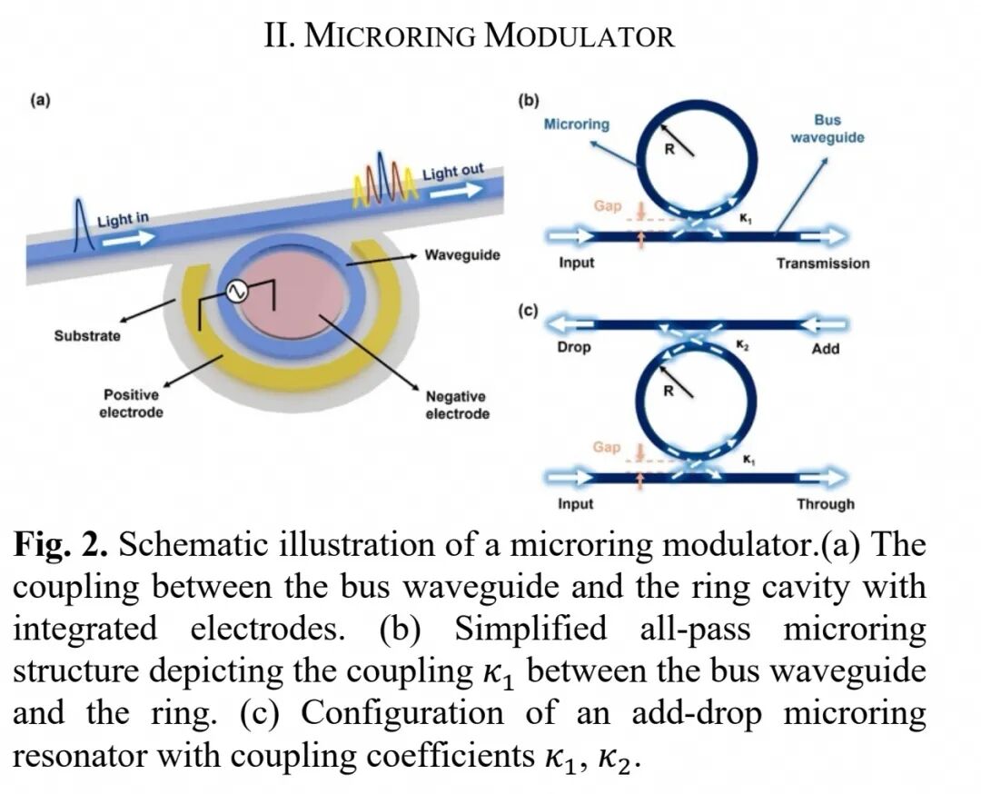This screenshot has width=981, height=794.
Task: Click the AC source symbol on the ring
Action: click(236, 291)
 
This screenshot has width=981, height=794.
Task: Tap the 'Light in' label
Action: click(124, 219)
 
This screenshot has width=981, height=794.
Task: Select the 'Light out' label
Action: click(453, 171)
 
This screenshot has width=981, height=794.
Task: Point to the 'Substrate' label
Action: click(87, 336)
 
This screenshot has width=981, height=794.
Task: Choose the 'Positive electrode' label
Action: click(132, 403)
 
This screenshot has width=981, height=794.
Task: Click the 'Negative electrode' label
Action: click(457, 405)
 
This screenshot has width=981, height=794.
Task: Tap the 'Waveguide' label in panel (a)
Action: click(462, 254)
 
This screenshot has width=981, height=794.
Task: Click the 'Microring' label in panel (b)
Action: click(576, 124)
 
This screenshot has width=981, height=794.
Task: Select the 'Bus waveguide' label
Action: click(827, 128)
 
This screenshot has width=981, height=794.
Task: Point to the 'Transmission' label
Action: click(823, 263)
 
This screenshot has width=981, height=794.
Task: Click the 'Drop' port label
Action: click(574, 347)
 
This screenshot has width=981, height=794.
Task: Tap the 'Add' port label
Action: click(825, 349)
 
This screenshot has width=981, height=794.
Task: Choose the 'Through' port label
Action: click(825, 503)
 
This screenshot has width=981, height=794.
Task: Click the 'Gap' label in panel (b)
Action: click(608, 206)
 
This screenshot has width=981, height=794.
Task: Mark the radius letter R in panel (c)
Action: click(669, 391)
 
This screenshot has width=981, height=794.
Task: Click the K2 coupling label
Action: click(741, 344)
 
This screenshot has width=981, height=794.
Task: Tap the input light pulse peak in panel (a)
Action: click(79, 201)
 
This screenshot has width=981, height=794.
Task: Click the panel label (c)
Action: click(528, 311)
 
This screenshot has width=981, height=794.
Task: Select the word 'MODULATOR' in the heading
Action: click(580, 35)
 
